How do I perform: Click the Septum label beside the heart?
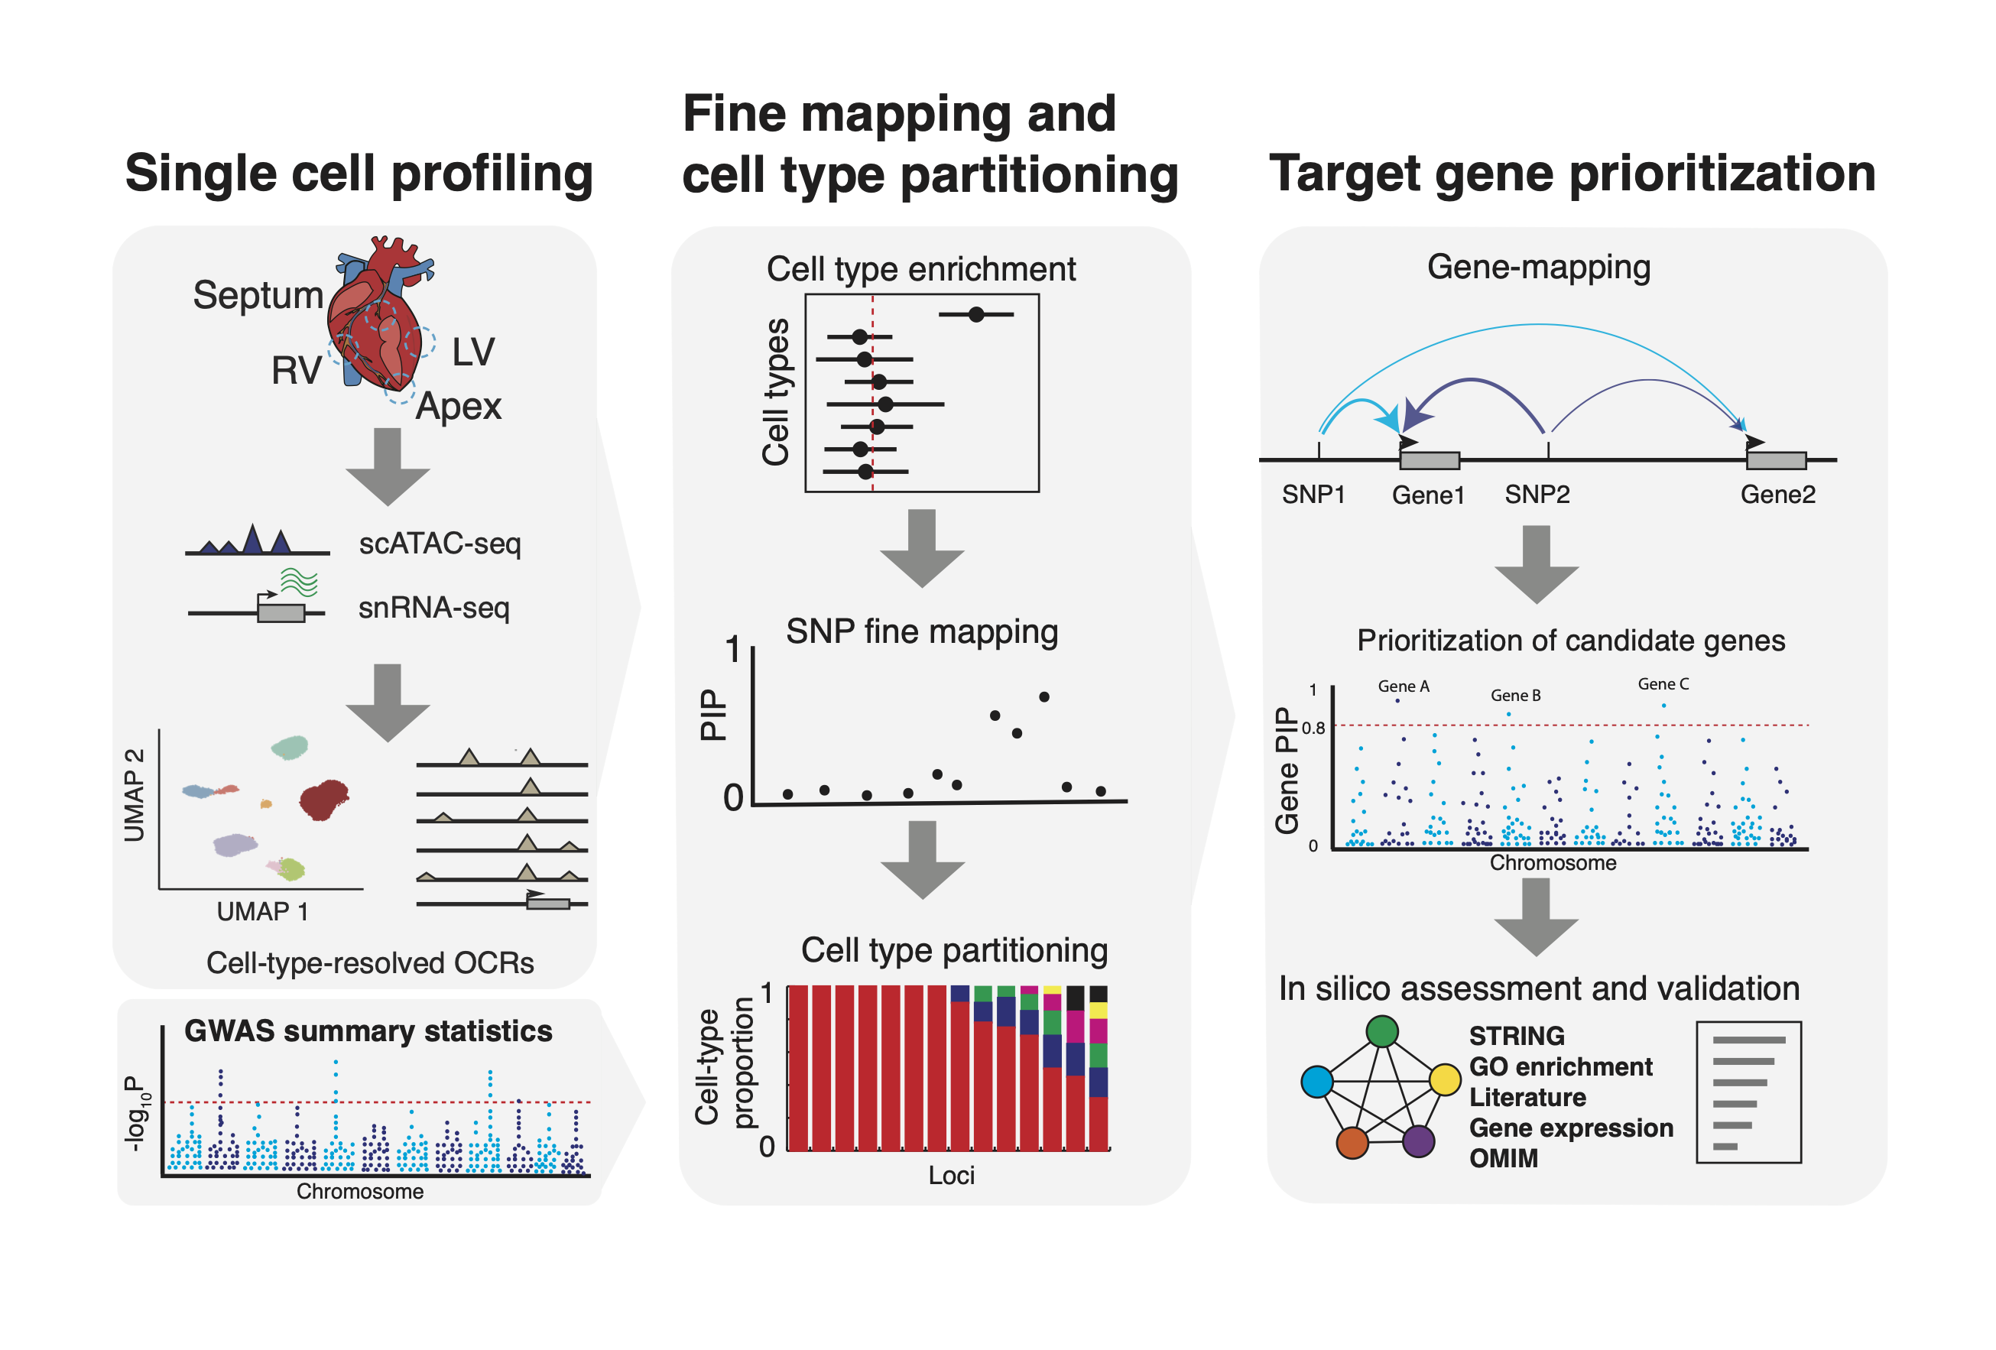[258, 295]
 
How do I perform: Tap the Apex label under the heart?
[458, 406]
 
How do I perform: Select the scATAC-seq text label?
[440, 544]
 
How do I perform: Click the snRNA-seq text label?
[433, 608]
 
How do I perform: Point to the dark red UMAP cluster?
[324, 800]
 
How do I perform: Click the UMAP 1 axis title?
[262, 911]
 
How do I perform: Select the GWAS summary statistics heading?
[368, 1030]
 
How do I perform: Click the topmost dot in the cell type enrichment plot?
[975, 314]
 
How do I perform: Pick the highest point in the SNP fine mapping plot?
[1043, 696]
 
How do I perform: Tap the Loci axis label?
[951, 1175]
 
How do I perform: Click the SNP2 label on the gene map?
[1537, 495]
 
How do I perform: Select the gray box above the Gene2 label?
[1776, 460]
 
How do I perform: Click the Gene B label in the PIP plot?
[1515, 696]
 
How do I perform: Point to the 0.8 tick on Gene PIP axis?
[1313, 729]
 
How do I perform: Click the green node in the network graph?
[1381, 1030]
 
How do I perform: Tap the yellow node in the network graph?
[1445, 1079]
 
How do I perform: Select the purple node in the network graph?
[1418, 1141]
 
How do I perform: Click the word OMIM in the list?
[1503, 1158]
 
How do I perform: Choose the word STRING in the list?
[1516, 1036]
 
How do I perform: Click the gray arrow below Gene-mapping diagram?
[1536, 565]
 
